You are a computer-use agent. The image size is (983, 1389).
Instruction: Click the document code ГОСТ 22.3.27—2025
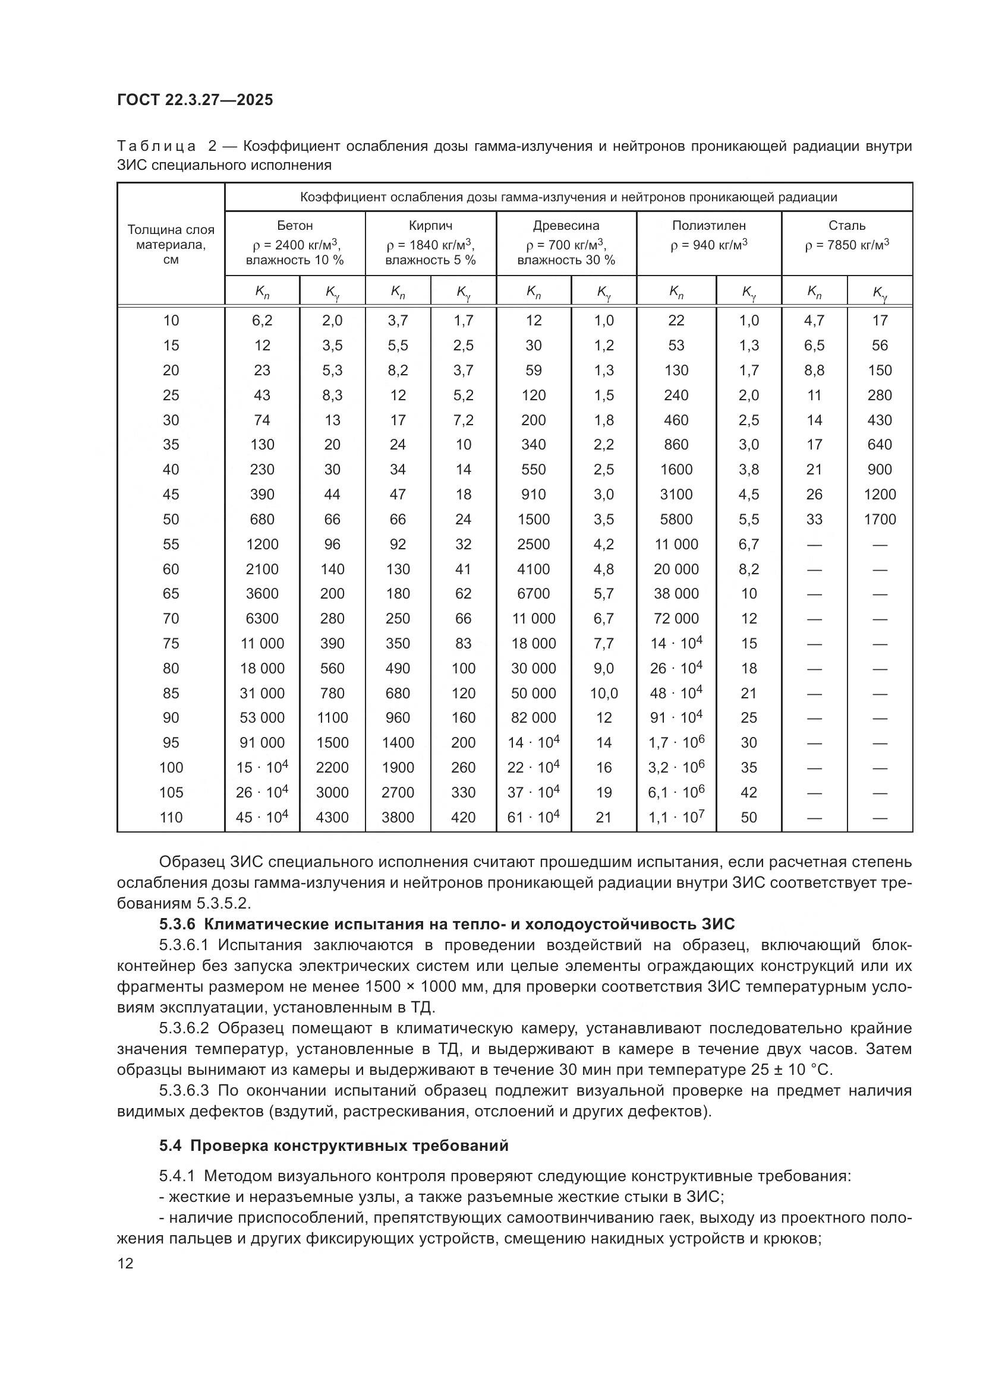pyautogui.click(x=195, y=100)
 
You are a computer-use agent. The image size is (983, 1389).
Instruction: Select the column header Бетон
pyautogui.click(x=295, y=226)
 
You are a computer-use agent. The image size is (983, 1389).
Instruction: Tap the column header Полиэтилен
pyautogui.click(x=709, y=226)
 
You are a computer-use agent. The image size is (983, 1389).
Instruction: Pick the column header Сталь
pyautogui.click(x=847, y=226)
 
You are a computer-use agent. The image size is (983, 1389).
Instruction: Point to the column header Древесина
pyautogui.click(x=566, y=226)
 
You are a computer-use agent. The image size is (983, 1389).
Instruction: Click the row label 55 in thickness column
pyautogui.click(x=171, y=545)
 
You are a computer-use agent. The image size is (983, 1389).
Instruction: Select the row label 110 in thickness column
pyautogui.click(x=171, y=817)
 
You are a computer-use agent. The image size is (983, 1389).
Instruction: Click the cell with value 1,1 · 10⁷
pyautogui.click(x=676, y=817)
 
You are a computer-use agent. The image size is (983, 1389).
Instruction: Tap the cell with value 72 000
pyautogui.click(x=676, y=619)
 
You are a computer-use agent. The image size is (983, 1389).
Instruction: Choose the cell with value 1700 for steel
pyautogui.click(x=880, y=520)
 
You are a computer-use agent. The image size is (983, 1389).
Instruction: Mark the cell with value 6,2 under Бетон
pyautogui.click(x=262, y=321)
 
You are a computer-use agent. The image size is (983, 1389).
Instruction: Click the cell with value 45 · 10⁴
pyautogui.click(x=262, y=817)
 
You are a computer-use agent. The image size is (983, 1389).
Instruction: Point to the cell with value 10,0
pyautogui.click(x=603, y=693)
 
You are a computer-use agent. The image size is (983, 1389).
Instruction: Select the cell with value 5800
pyautogui.click(x=676, y=520)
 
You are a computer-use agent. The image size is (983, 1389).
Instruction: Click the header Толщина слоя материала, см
pyautogui.click(x=171, y=245)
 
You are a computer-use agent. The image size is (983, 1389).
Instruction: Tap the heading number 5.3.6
pyautogui.click(x=178, y=924)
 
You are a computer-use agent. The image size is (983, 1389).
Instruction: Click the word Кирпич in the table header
pyautogui.click(x=430, y=226)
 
